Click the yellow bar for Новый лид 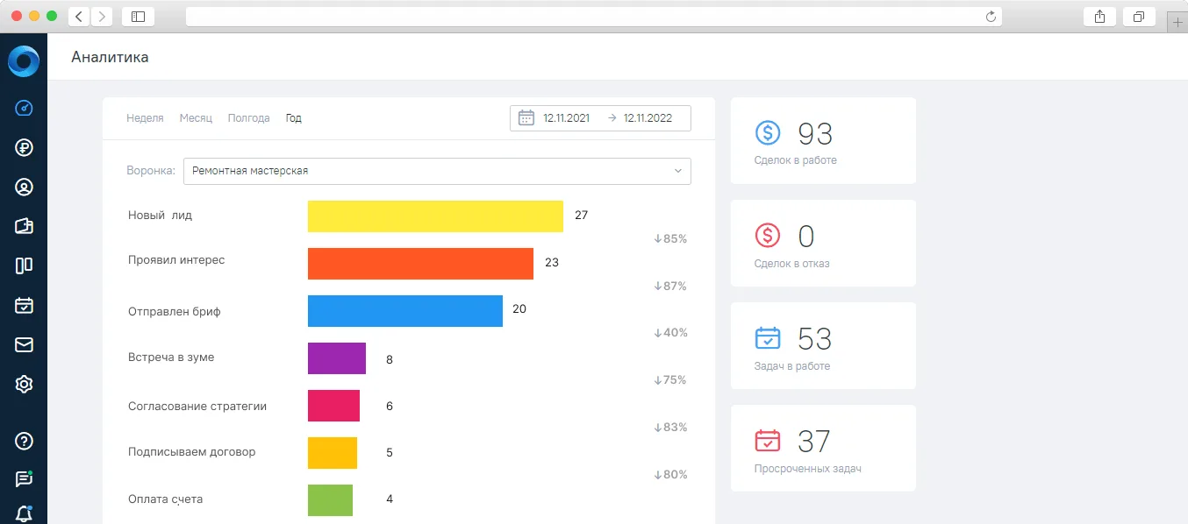[x=435, y=216]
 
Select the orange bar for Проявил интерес [x=420, y=264]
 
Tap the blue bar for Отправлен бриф [x=405, y=311]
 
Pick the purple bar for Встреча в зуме [x=337, y=358]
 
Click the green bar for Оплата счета [x=330, y=500]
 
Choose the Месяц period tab [x=196, y=118]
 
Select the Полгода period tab [x=248, y=118]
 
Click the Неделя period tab [x=145, y=118]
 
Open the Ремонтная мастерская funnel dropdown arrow [x=678, y=171]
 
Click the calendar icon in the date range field [x=526, y=117]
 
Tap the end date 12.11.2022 [x=648, y=118]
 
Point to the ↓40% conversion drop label [x=671, y=333]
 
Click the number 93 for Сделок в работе [x=815, y=134]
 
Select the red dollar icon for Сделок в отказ [x=768, y=235]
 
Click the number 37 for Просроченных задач [x=814, y=442]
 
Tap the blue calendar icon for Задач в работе [x=768, y=338]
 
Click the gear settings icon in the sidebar [x=24, y=384]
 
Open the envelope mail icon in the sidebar [x=24, y=345]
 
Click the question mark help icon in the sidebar [x=24, y=441]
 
